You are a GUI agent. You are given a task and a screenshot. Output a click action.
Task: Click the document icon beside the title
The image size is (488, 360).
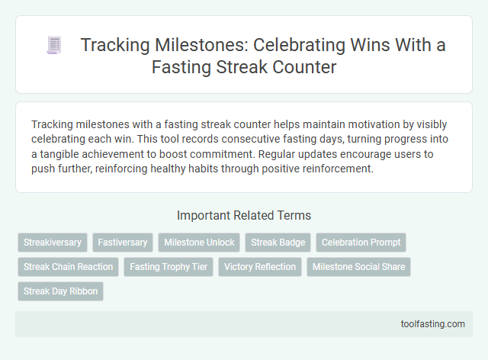click(x=53, y=46)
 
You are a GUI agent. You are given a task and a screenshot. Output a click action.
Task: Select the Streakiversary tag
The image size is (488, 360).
click(x=53, y=243)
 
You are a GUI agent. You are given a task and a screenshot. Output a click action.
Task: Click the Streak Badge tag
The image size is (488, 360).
click(x=278, y=243)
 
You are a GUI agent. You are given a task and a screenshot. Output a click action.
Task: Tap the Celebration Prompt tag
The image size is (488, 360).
click(x=361, y=243)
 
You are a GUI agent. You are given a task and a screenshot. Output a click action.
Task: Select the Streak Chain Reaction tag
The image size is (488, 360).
click(x=68, y=267)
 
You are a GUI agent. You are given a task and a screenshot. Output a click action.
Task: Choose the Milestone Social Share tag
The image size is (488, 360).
click(x=358, y=267)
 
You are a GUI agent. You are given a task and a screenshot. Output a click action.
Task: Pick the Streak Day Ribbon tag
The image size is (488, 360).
click(x=60, y=291)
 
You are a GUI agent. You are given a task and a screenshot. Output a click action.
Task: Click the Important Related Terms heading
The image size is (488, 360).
click(x=243, y=216)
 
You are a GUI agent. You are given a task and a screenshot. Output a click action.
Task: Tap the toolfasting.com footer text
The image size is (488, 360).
click(x=433, y=324)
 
